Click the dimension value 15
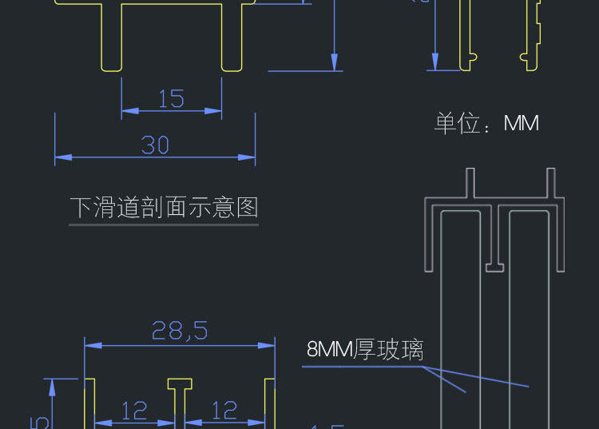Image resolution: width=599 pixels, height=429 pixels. pyautogui.click(x=171, y=98)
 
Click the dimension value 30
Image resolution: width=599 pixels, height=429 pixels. pyautogui.click(x=155, y=145)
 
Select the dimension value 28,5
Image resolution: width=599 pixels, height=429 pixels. pyautogui.click(x=179, y=331)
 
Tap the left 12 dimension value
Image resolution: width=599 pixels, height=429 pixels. pyautogui.click(x=134, y=411)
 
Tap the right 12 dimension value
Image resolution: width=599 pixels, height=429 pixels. pyautogui.click(x=224, y=411)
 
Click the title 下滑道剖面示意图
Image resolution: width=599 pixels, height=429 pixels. pyautogui.click(x=164, y=208)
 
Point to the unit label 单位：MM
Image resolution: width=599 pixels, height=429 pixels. pyautogui.click(x=486, y=123)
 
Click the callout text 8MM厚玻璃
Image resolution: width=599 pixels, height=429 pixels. pyautogui.click(x=365, y=350)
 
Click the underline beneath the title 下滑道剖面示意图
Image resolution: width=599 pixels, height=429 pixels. pyautogui.click(x=164, y=224)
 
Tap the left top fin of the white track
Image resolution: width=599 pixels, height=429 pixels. pyautogui.click(x=470, y=183)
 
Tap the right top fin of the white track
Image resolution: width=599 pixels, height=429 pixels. pyautogui.click(x=550, y=183)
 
